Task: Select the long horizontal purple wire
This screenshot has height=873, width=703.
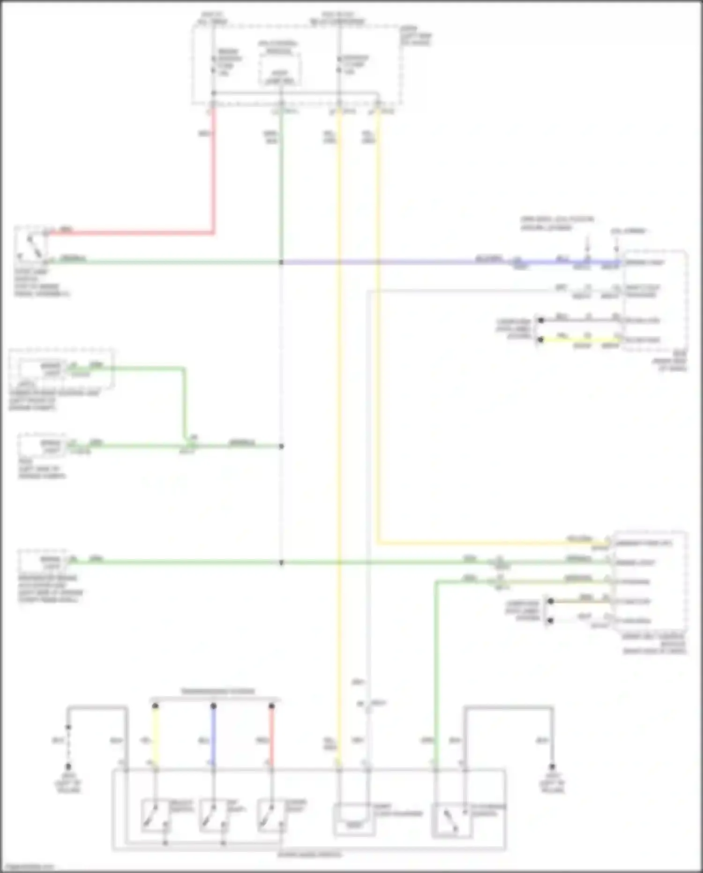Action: (x=398, y=262)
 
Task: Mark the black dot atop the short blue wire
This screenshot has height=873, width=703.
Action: (x=213, y=706)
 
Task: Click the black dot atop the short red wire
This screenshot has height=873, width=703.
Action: (x=271, y=706)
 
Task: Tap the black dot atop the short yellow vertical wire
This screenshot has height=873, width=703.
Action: (x=155, y=706)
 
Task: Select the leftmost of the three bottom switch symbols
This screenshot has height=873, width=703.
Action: (x=154, y=815)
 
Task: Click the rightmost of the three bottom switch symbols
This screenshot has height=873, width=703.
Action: (x=270, y=815)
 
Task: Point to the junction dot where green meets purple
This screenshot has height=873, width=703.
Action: (x=281, y=262)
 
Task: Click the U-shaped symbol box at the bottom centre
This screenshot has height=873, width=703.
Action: (x=354, y=819)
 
